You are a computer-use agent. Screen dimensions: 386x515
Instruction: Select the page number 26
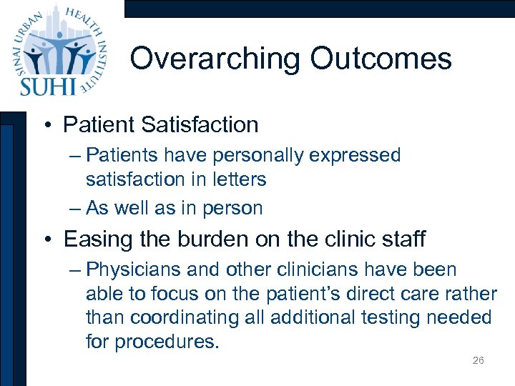click(479, 360)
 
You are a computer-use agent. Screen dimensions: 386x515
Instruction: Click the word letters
click(239, 179)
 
